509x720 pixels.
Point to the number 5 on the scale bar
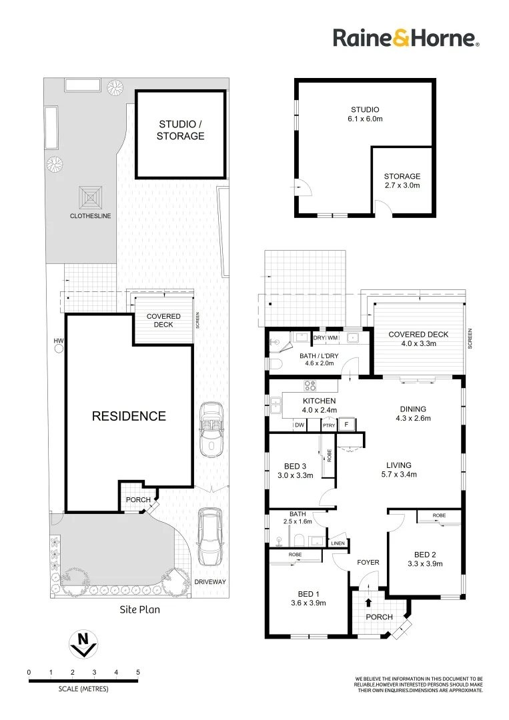(138, 672)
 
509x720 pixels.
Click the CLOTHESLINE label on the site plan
(90, 216)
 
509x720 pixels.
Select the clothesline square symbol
(91, 197)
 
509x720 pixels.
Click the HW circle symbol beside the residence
(59, 348)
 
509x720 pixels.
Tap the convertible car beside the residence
(211, 429)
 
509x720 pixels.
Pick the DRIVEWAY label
(210, 582)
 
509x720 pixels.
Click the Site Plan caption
(139, 609)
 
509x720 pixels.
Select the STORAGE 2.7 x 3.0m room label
(402, 181)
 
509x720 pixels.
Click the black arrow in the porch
(368, 603)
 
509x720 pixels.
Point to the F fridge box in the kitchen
(346, 425)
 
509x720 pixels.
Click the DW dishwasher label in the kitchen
(300, 425)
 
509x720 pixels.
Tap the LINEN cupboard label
(338, 544)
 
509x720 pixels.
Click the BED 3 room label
(294, 470)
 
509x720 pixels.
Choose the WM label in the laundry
(332, 338)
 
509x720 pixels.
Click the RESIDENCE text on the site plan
(129, 416)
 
